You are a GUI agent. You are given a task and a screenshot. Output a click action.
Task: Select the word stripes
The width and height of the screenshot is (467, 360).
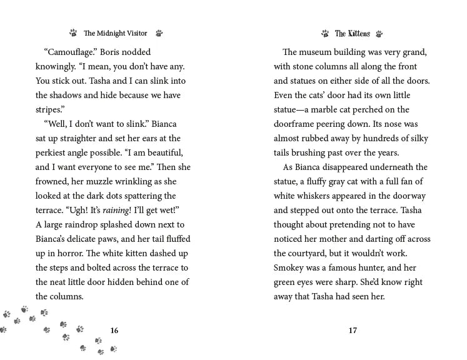(x=50, y=109)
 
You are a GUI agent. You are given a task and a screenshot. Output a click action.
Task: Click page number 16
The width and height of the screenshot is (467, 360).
(x=114, y=331)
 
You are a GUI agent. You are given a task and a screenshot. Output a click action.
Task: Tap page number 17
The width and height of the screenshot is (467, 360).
(x=353, y=331)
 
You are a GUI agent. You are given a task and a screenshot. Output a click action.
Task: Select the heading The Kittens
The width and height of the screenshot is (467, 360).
(x=352, y=34)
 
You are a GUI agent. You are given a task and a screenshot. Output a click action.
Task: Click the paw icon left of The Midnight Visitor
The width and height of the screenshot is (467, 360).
(x=73, y=34)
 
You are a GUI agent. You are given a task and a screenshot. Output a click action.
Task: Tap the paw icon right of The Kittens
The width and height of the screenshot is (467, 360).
(x=379, y=34)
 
